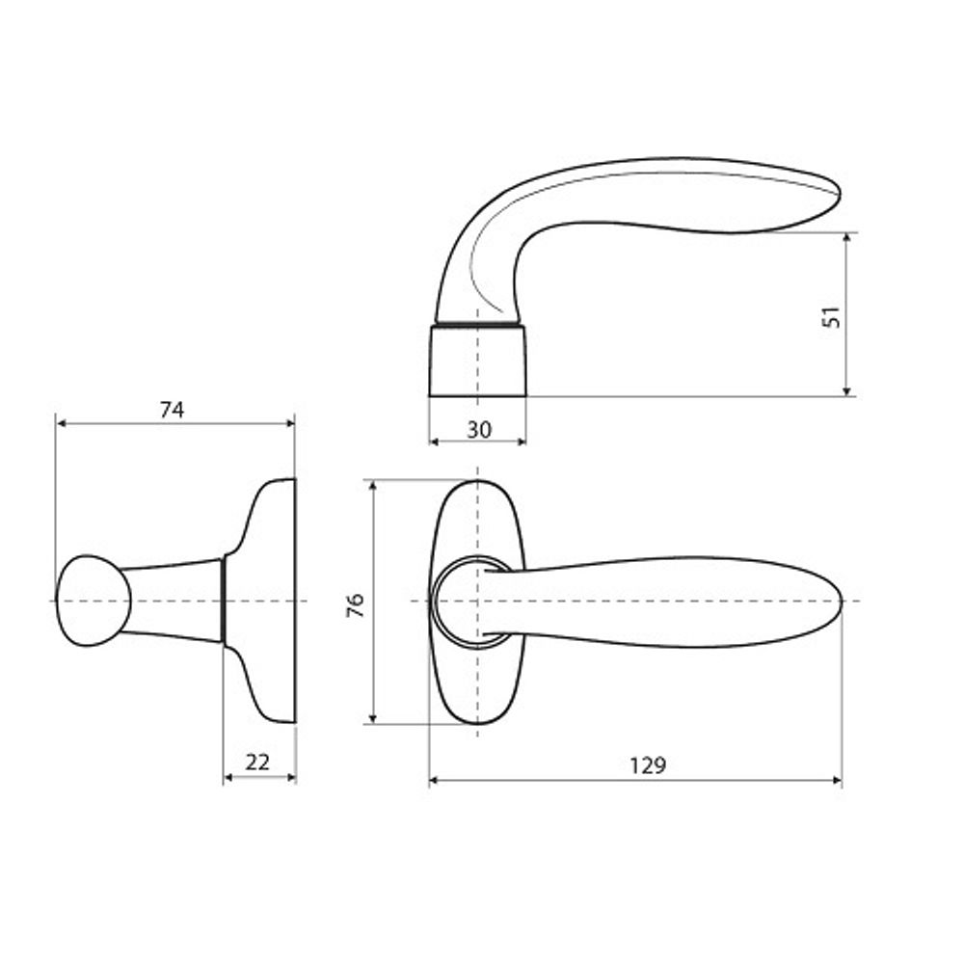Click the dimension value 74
(x=173, y=410)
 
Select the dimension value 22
(x=257, y=763)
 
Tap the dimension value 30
(x=479, y=430)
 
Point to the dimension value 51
(x=831, y=316)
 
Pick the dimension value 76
(x=356, y=605)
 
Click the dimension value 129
(x=648, y=765)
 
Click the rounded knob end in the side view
(x=94, y=601)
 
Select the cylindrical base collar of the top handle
(x=478, y=361)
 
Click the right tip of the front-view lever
(x=841, y=601)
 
